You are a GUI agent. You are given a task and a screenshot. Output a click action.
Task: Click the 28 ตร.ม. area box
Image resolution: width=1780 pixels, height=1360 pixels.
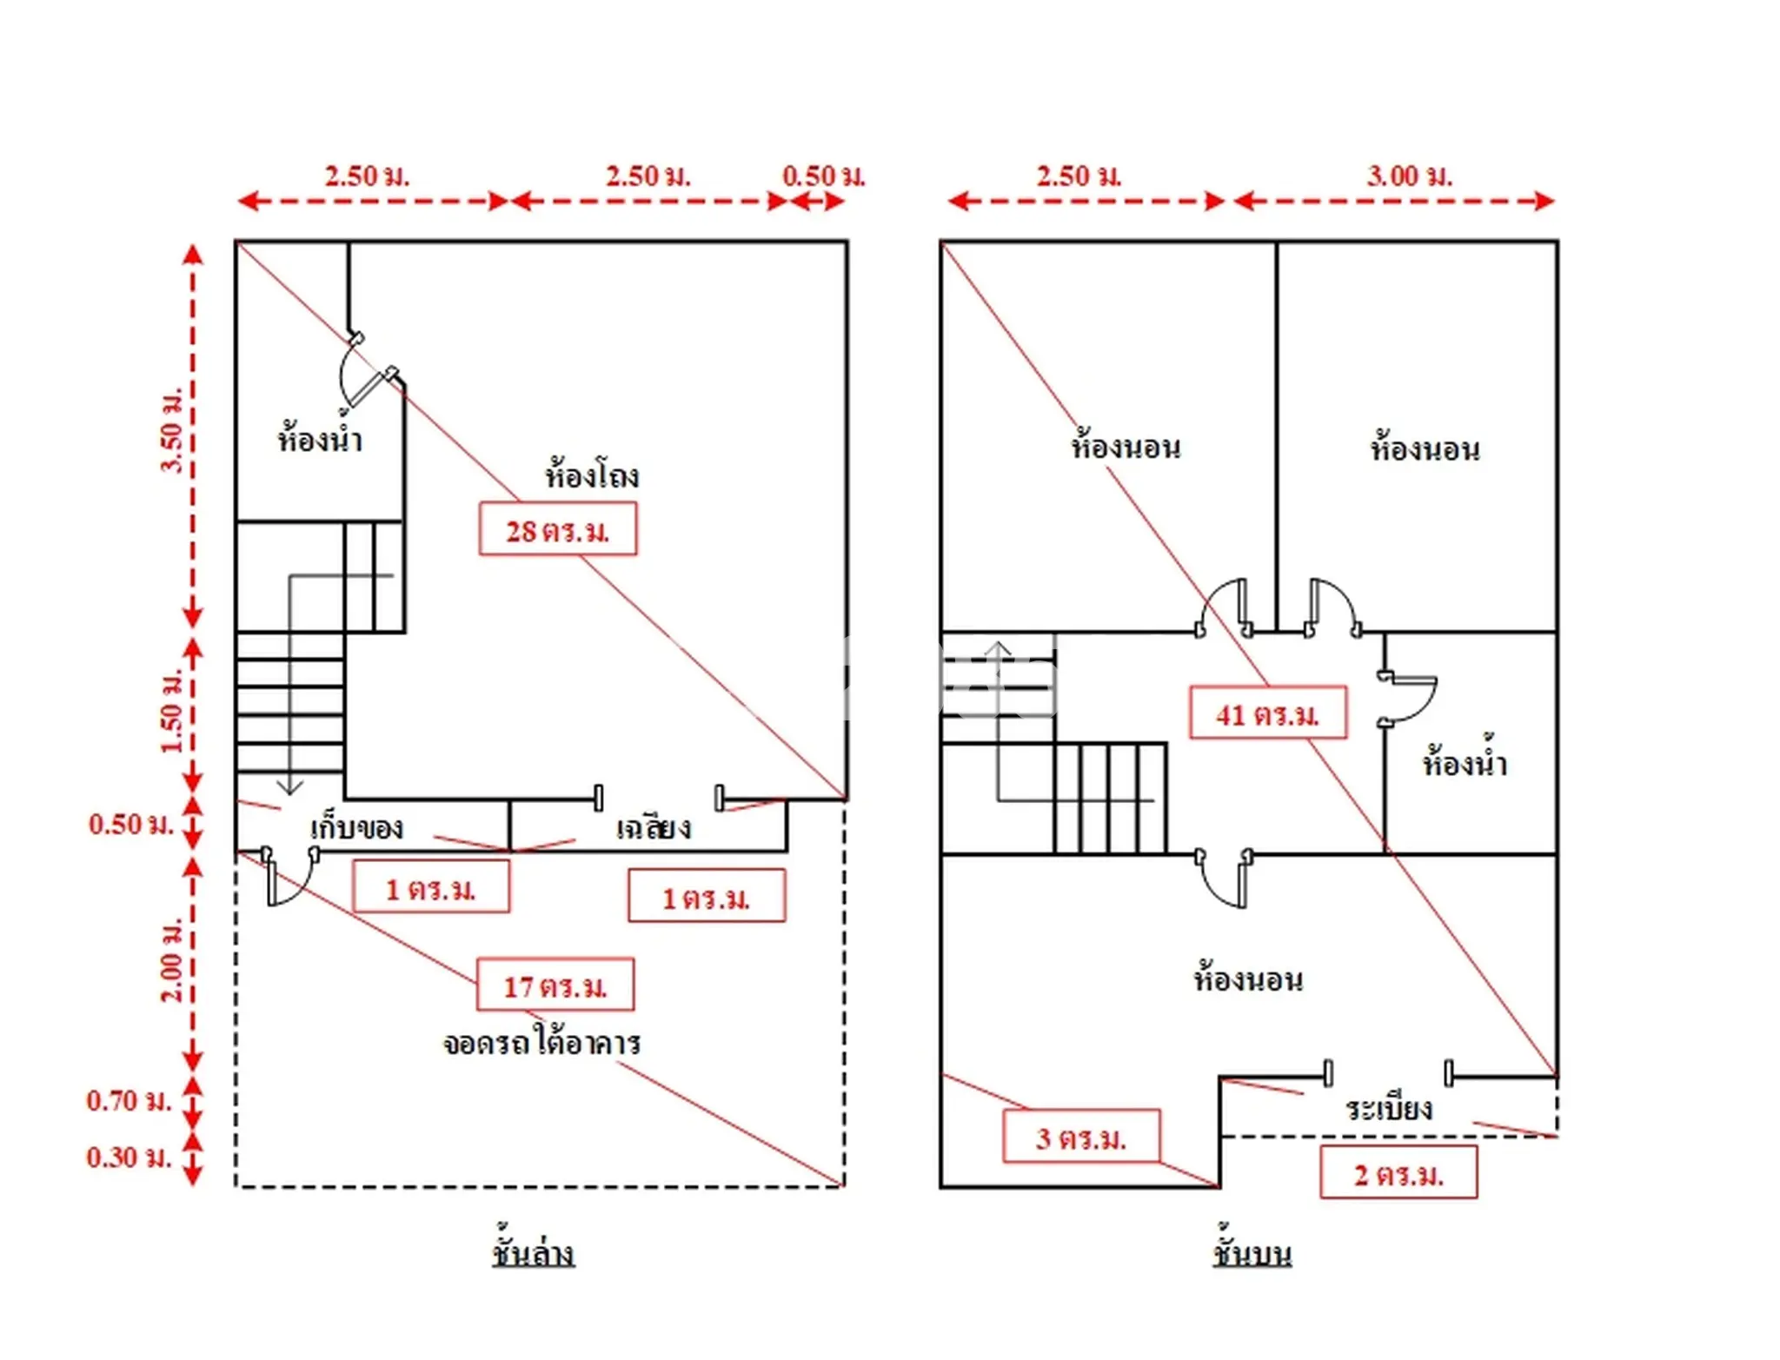(x=557, y=529)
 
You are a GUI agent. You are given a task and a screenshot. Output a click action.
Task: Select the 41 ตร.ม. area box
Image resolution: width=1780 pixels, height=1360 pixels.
(x=1268, y=713)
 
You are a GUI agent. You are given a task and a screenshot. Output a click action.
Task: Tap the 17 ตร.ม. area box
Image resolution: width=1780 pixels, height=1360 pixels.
(x=555, y=985)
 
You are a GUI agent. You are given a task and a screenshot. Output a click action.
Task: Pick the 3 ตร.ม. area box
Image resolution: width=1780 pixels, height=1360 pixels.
(x=1081, y=1136)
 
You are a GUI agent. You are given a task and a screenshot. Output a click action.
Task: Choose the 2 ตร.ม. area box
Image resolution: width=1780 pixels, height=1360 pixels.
(x=1398, y=1172)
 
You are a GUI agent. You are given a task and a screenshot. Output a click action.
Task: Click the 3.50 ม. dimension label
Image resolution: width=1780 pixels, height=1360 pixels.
(x=171, y=429)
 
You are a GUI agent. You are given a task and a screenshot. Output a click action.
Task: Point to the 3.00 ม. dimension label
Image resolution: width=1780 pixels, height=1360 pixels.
(x=1409, y=176)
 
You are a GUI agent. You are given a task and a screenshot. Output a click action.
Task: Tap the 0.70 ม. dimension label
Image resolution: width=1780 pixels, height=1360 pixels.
(x=130, y=1101)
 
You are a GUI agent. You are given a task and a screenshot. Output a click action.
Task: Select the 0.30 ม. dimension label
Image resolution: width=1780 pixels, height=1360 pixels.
(x=130, y=1158)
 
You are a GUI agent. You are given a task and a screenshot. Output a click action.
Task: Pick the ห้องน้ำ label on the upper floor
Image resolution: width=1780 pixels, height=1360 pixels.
(x=1465, y=759)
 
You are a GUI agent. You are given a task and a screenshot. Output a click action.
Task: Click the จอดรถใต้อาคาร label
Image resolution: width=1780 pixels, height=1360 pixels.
(x=541, y=1041)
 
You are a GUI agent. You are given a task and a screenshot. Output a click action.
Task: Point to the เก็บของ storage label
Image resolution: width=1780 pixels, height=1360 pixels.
(x=356, y=826)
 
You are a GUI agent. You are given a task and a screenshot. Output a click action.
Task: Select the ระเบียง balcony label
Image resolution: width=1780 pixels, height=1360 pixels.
(x=1389, y=1107)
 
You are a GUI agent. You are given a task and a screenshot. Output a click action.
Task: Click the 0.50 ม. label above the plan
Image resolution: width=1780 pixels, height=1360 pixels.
(x=824, y=176)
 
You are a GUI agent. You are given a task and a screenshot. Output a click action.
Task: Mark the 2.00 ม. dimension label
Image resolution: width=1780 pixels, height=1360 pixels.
(x=171, y=959)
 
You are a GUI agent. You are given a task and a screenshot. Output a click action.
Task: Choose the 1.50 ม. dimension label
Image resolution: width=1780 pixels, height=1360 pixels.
(x=171, y=711)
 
